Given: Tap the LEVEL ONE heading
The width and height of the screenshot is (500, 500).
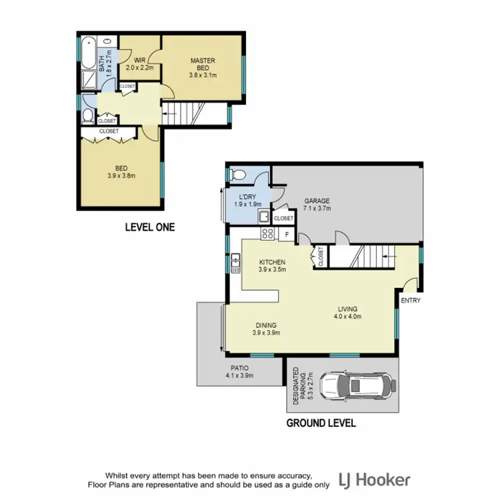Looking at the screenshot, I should pos(150,227).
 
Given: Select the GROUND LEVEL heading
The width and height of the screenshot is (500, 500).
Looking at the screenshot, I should pos(321,423).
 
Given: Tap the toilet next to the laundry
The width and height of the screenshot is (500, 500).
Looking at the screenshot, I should pos(235,175).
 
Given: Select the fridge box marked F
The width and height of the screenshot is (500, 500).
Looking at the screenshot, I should pos(286,234).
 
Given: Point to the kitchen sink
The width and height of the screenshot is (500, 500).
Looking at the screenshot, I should pos(235,265).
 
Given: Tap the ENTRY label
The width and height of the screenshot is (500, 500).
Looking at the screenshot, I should pos(410,301).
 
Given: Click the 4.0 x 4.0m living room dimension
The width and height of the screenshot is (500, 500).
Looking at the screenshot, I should pos(347,317).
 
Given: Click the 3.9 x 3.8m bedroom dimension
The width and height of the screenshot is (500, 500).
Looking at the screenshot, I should pos(121,177).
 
